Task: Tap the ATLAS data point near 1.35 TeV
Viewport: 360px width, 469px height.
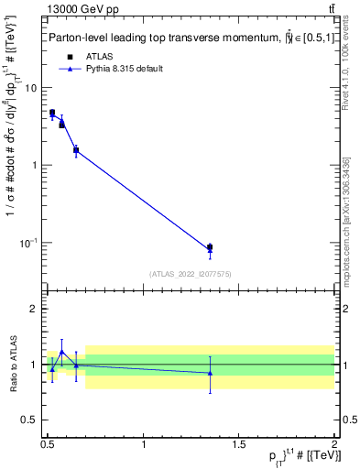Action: click(210, 247)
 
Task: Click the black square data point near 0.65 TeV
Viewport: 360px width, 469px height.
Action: click(76, 150)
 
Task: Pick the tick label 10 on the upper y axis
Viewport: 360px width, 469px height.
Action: click(30, 88)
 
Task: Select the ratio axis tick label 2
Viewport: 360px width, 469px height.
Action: click(33, 309)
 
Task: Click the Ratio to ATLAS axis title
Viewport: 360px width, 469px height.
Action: click(11, 364)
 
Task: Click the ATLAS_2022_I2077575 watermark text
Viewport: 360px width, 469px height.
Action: click(191, 273)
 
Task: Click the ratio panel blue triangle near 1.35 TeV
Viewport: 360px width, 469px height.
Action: click(210, 373)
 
